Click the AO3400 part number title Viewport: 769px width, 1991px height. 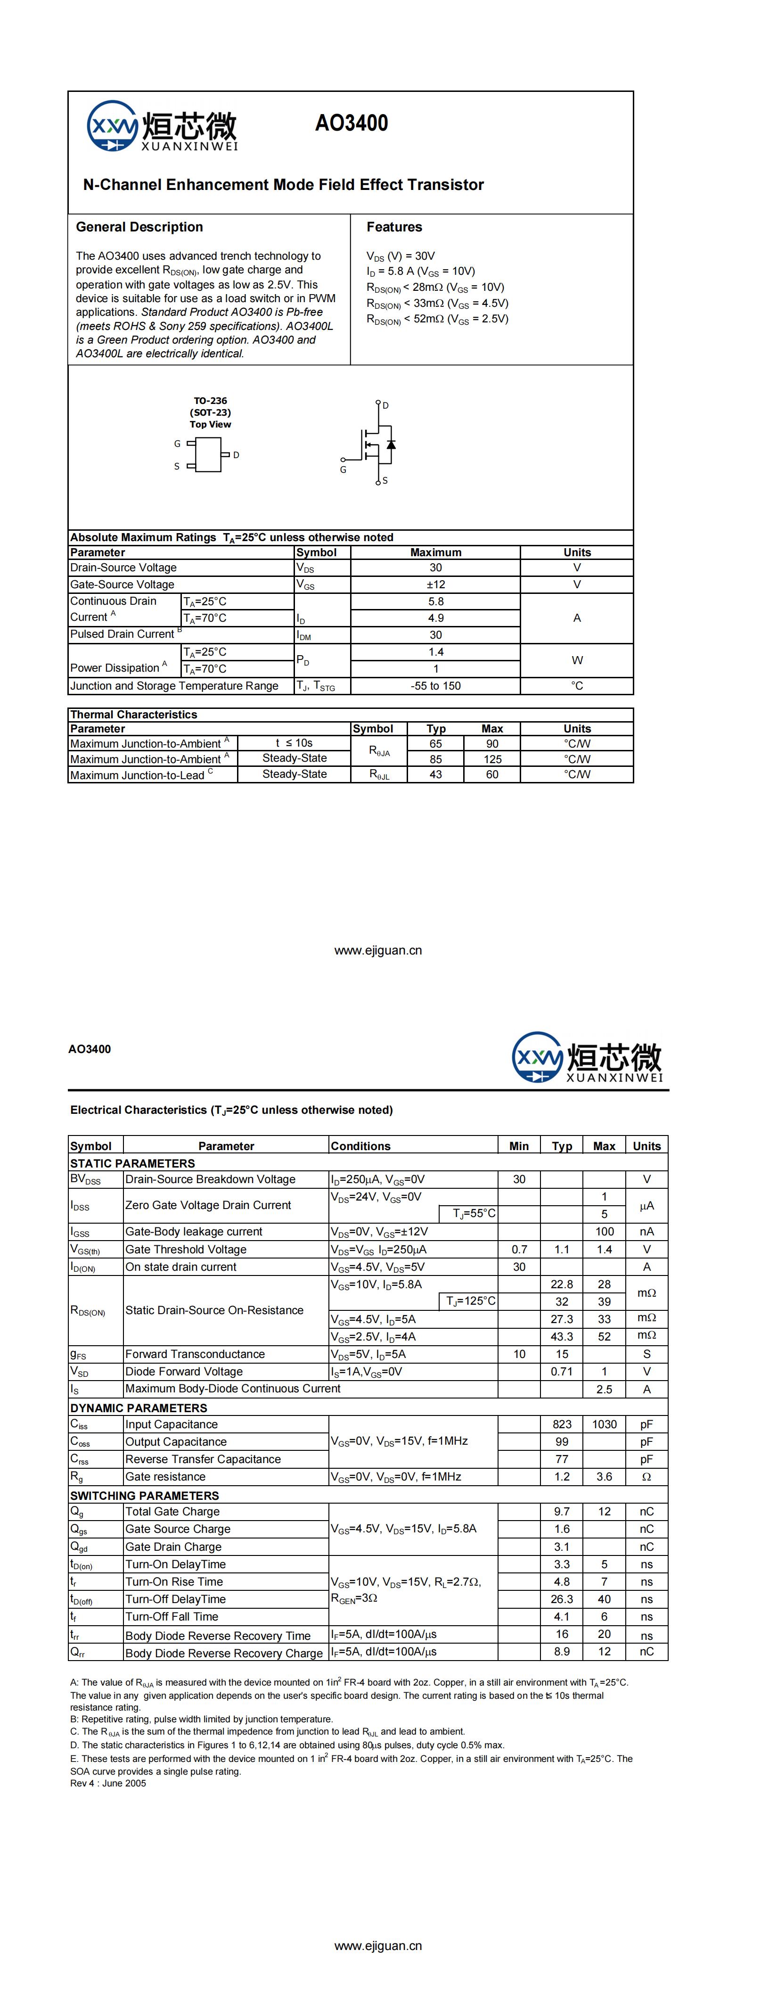(351, 123)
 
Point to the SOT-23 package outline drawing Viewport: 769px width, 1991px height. (208, 454)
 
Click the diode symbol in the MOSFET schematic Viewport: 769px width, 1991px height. (391, 444)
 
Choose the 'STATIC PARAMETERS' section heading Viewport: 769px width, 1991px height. (132, 1163)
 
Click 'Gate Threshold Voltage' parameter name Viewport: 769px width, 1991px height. (186, 1250)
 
